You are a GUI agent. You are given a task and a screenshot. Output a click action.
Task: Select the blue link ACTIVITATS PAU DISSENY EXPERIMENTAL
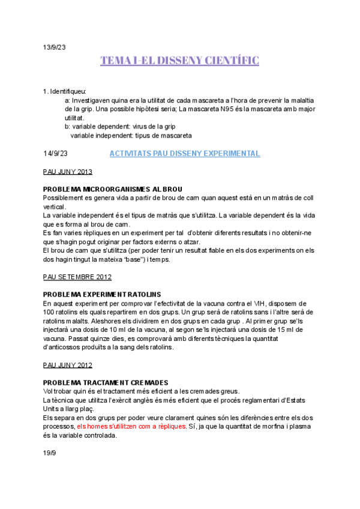tap(185, 154)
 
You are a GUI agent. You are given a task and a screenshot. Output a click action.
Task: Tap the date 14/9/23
tap(56, 154)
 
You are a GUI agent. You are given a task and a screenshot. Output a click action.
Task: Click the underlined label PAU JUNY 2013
tap(68, 172)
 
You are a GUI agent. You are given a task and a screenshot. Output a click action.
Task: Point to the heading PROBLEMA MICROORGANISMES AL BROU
tap(113, 190)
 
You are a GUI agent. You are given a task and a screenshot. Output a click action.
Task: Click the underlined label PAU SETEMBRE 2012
tap(77, 277)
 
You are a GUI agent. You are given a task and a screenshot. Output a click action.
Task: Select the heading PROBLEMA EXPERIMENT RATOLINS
tap(102, 295)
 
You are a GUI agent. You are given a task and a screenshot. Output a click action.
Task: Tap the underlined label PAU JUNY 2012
tap(68, 365)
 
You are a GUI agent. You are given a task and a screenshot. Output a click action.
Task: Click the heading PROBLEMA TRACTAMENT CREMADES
tap(106, 383)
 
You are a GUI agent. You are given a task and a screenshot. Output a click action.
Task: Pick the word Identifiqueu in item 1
tap(68, 92)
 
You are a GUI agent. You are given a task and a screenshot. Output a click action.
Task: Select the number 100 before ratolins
tap(50, 312)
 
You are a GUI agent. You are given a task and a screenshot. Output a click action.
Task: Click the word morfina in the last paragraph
tap(281, 427)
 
